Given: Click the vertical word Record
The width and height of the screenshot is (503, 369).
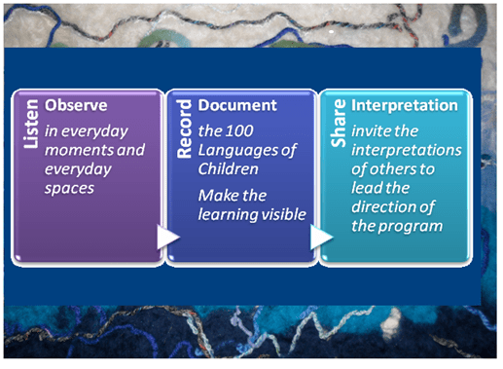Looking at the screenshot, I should (x=182, y=125).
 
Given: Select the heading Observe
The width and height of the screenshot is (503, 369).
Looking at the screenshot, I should (x=70, y=104).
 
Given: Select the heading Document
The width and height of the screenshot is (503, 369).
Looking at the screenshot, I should (x=237, y=104).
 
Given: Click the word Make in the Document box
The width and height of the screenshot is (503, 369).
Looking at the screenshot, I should (x=218, y=195).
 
